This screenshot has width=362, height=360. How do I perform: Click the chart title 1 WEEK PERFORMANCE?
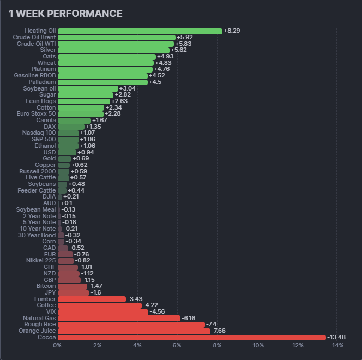coord(65,14)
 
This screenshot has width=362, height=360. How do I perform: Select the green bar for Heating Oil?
coord(140,31)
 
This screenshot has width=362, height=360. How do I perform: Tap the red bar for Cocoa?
coord(191,338)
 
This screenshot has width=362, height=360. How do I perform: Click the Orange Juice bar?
coord(134,331)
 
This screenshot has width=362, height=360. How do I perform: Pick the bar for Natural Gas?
coord(119,318)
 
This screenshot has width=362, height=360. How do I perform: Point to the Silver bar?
coord(113,50)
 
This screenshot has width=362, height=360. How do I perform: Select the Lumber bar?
coord(92,299)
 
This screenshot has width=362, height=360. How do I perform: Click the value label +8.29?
coord(232,31)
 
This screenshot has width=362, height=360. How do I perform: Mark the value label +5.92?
coord(184,38)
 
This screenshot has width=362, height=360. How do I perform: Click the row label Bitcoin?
coord(46,286)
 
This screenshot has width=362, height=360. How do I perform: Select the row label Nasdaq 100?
coord(39,133)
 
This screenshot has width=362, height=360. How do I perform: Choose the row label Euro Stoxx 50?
coord(36,114)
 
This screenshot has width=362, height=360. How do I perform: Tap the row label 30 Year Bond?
coord(37,235)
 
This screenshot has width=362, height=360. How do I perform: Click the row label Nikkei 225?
coord(41,261)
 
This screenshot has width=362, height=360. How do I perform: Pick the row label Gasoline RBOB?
coord(35,76)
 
